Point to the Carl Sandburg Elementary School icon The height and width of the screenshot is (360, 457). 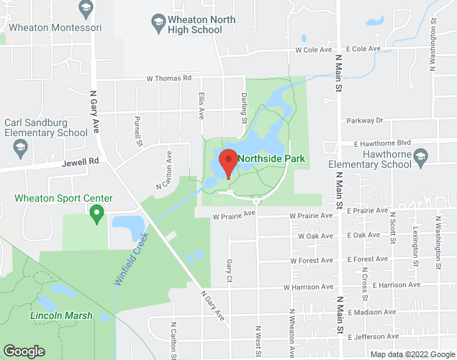point(19,148)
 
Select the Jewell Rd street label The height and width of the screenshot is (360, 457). point(80,162)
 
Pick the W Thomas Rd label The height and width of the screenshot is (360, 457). point(169,78)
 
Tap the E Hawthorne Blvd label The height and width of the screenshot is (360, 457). point(381,143)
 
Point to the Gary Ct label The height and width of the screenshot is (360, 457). point(229,270)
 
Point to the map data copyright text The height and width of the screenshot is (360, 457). point(412,354)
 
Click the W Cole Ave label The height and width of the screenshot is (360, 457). point(313,50)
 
